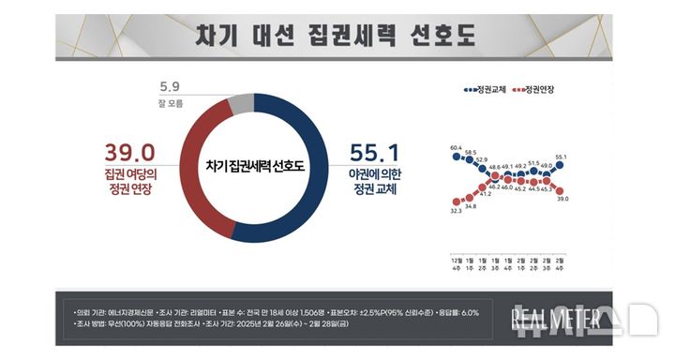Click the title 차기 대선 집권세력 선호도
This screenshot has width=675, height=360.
pyautogui.click(x=335, y=37)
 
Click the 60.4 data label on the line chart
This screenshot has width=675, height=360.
pyautogui.click(x=456, y=147)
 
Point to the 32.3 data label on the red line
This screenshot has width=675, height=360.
pyautogui.click(x=456, y=212)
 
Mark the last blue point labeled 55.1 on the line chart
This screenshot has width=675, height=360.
pyautogui.click(x=561, y=164)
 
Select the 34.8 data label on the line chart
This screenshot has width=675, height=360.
pyautogui.click(x=471, y=205)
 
